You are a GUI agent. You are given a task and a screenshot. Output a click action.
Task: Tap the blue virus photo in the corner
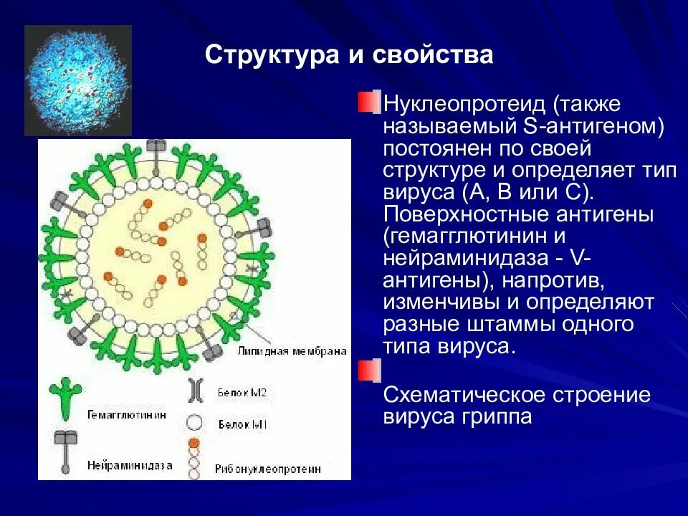pos(78,80)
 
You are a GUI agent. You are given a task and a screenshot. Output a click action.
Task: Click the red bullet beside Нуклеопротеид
pos(367,102)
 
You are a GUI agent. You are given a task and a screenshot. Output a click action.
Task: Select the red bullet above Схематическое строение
pos(368,371)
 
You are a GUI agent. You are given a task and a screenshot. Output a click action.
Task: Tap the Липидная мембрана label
pos(292,352)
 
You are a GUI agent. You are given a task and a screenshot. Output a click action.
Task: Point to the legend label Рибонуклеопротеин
pos(267,469)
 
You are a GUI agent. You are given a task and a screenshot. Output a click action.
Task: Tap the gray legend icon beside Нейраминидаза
pos(64,448)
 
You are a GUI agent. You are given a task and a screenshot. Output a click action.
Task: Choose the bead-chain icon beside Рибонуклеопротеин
pos(193,457)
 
